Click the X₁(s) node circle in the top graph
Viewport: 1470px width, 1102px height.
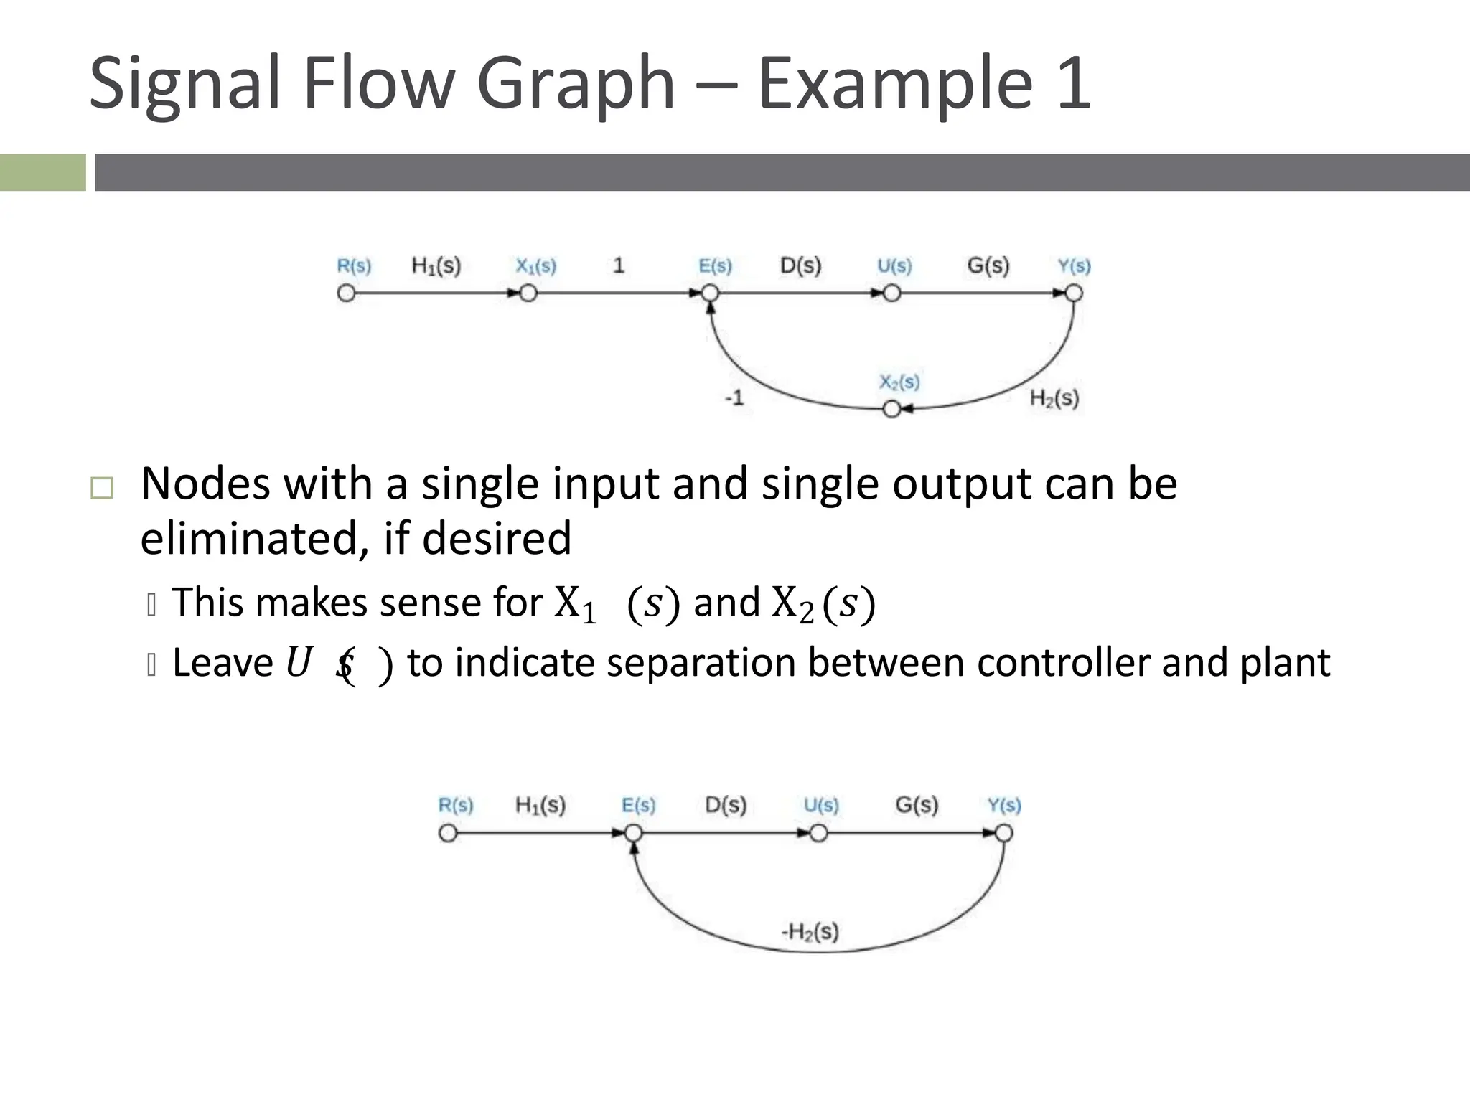pos(528,293)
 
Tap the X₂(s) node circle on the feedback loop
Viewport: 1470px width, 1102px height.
pos(891,409)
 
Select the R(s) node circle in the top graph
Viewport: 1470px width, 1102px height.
pos(346,293)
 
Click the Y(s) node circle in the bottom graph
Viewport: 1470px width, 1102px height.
pos(1004,833)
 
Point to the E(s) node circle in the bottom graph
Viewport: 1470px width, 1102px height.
pos(633,833)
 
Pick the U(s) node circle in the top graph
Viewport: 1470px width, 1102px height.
pos(892,293)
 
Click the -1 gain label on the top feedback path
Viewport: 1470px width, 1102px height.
pos(734,397)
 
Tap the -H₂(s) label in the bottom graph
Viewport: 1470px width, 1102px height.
pos(810,931)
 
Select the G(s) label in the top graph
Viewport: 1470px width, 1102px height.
pos(988,265)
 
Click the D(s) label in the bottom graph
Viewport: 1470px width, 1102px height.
pos(726,804)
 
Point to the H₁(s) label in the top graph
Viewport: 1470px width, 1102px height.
pos(436,266)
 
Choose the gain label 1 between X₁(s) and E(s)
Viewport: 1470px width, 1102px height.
pos(619,265)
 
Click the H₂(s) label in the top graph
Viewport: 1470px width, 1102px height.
pos(1054,398)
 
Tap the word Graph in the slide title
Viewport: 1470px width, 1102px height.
pos(576,85)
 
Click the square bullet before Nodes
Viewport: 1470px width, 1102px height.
pos(102,489)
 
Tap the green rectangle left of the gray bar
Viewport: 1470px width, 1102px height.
pos(42,172)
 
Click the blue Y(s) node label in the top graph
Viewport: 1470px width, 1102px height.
pos(1074,266)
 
